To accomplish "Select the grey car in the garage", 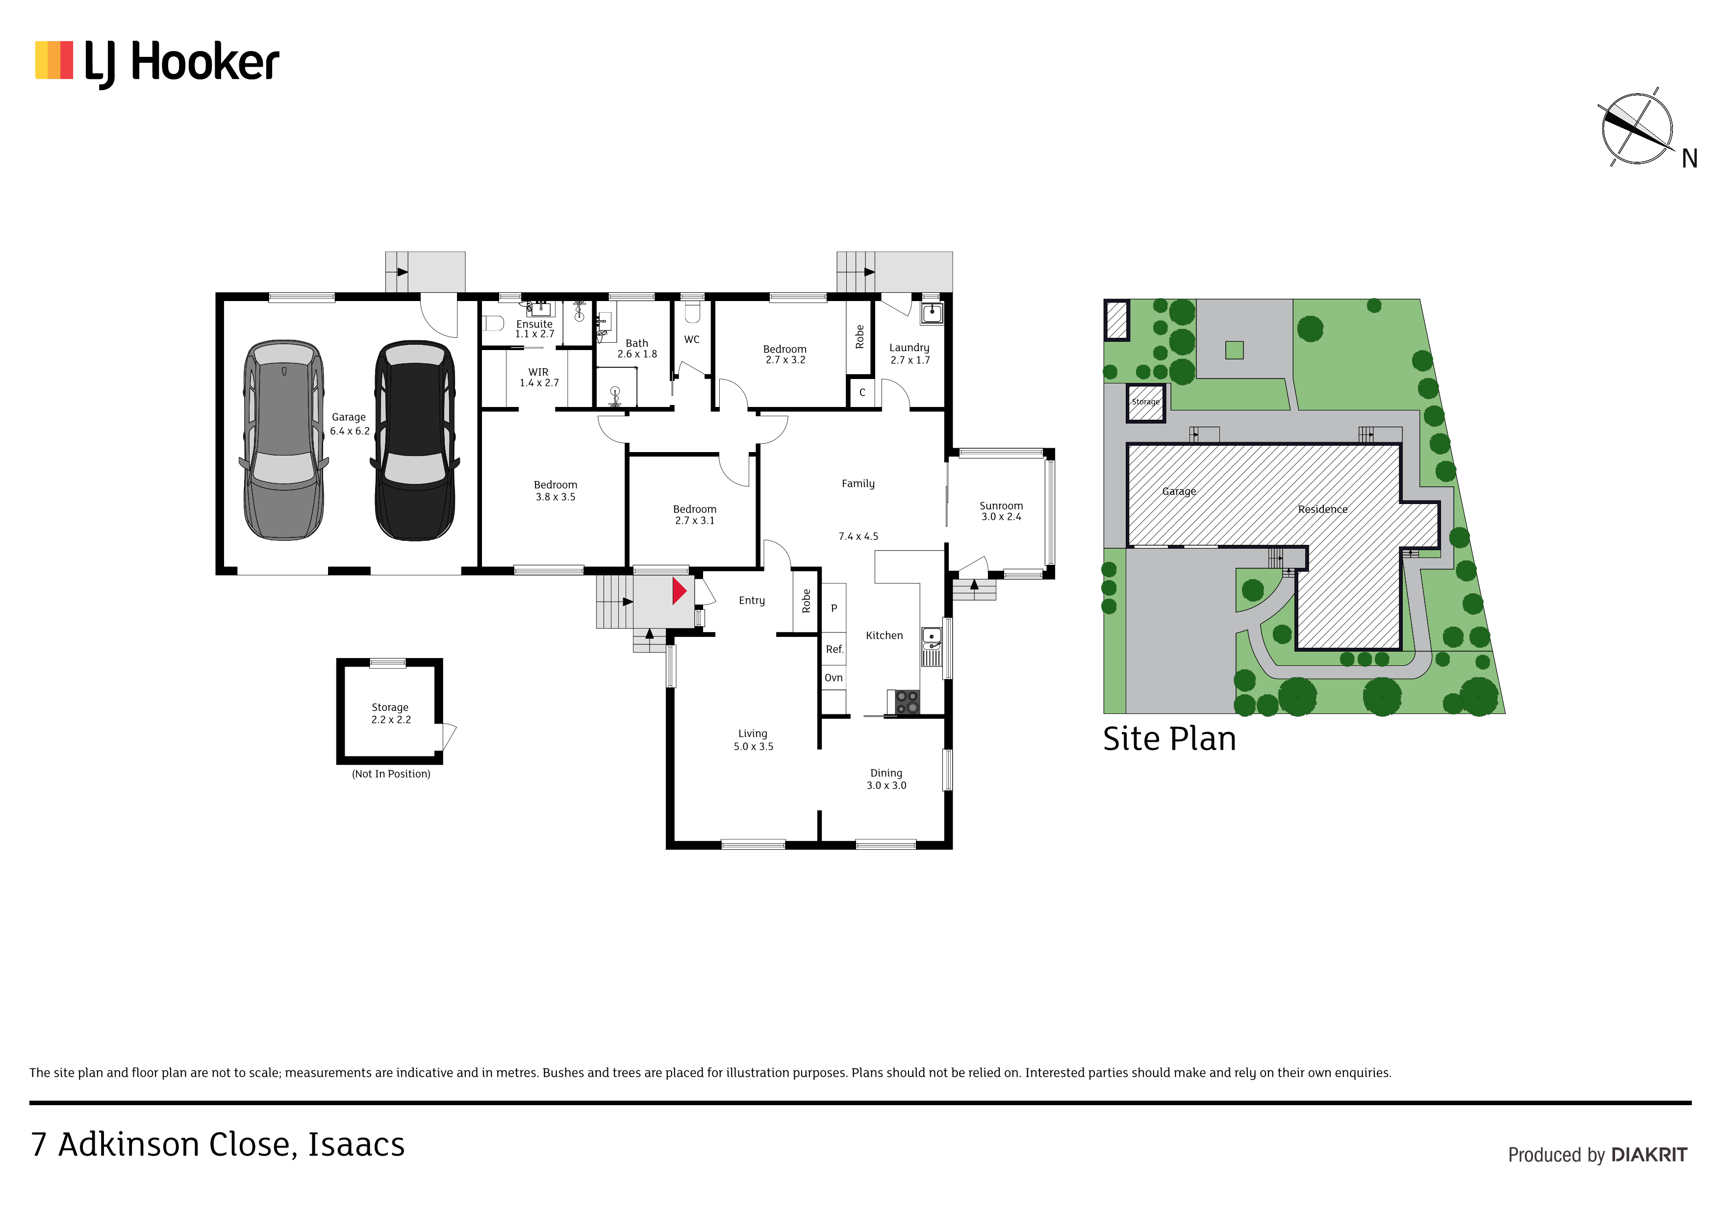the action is click(x=284, y=440).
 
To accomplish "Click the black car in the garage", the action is click(x=415, y=440).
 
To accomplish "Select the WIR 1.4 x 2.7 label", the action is click(x=539, y=378).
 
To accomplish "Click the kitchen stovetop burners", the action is click(x=907, y=702).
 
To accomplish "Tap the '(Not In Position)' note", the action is click(x=391, y=774).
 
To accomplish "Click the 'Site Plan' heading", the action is click(x=1169, y=739).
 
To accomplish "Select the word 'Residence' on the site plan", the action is click(x=1323, y=509).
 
